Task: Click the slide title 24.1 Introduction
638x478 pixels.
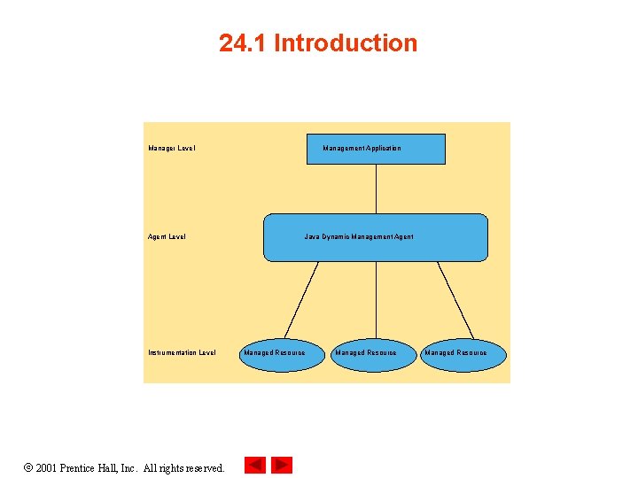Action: point(318,43)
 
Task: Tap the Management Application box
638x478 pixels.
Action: point(376,149)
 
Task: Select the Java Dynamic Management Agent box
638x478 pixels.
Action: point(376,237)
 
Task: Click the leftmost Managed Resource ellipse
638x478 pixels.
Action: point(275,353)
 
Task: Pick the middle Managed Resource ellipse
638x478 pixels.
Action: point(365,353)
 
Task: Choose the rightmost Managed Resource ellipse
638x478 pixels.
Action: point(455,353)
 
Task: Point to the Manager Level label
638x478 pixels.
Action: point(172,149)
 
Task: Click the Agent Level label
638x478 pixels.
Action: point(167,237)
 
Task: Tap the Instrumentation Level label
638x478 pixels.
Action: point(182,353)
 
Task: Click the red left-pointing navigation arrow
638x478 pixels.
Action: point(255,465)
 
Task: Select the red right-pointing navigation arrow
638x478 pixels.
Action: point(282,465)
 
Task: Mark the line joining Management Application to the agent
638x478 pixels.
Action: point(376,189)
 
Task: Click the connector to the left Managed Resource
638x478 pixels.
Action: point(301,299)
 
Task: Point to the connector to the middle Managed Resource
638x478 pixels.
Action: point(376,299)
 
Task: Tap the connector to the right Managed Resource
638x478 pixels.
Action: point(455,299)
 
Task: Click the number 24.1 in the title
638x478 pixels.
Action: point(243,43)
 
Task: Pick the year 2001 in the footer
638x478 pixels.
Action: point(48,467)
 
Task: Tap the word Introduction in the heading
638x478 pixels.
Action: point(346,43)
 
